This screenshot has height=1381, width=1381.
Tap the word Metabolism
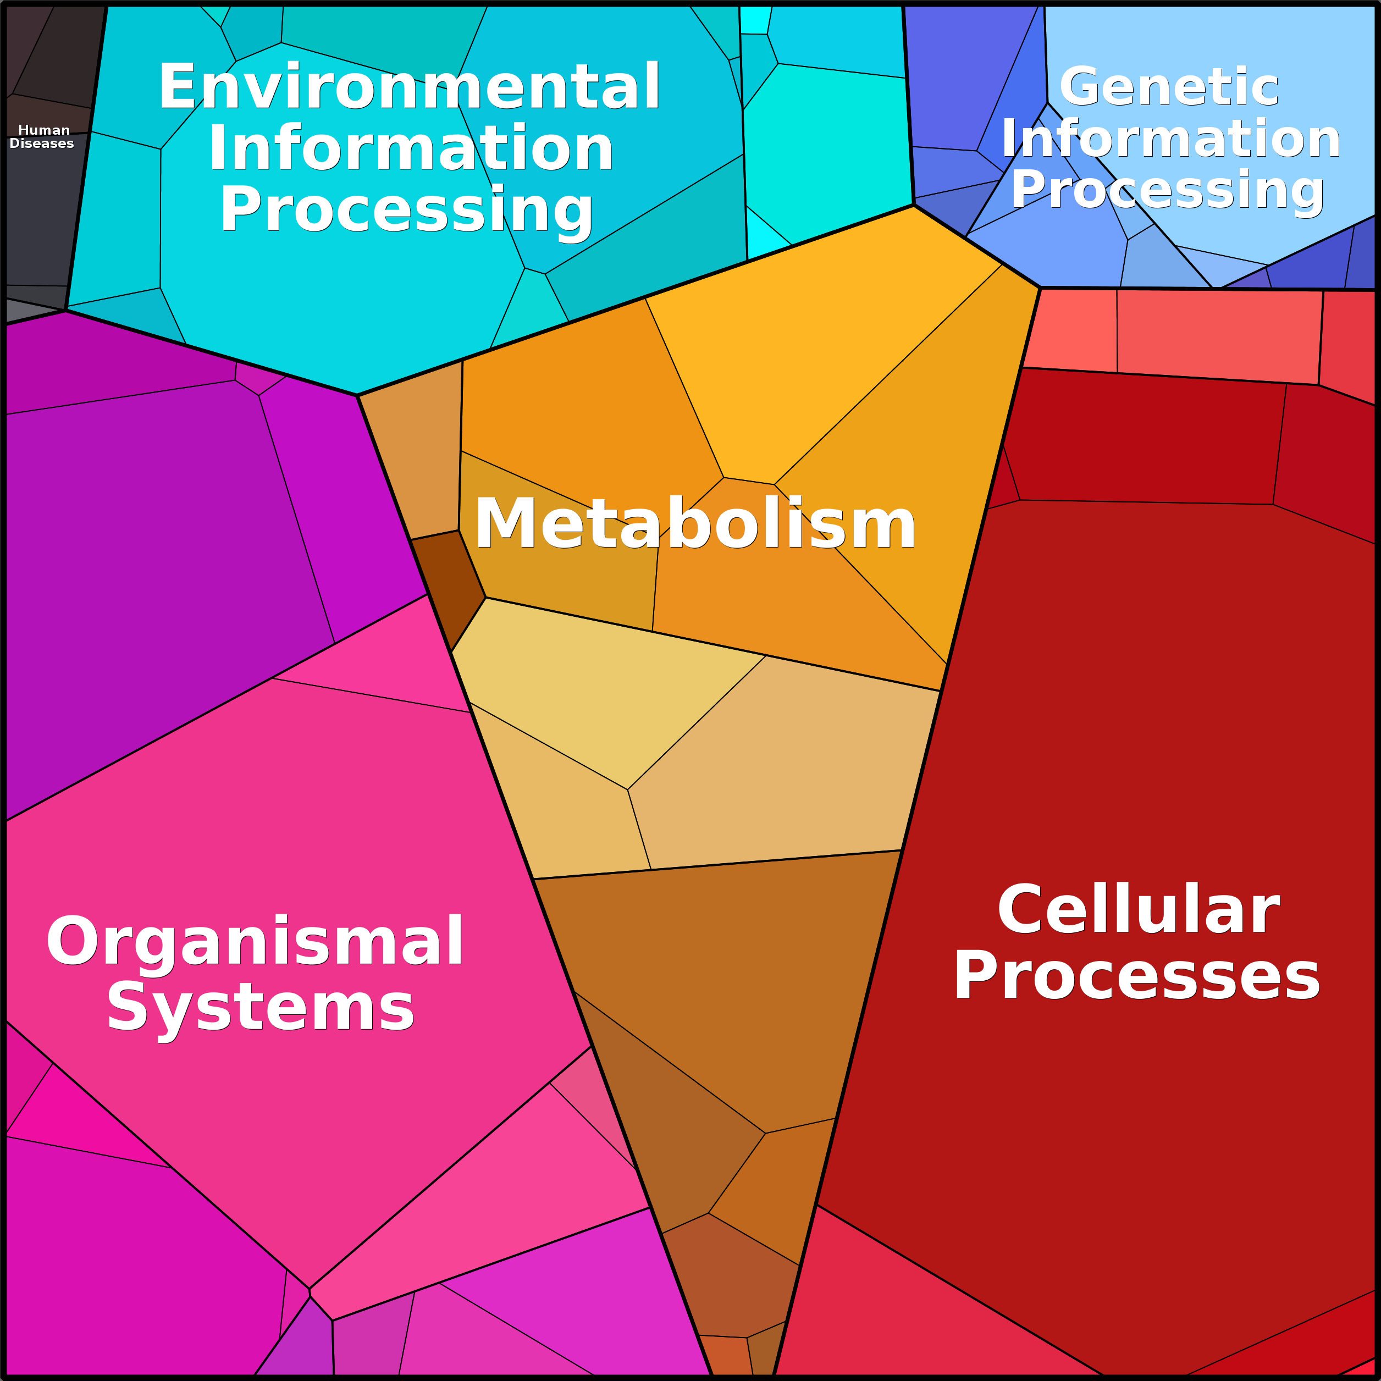(x=695, y=524)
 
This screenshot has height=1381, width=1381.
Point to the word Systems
(x=260, y=1007)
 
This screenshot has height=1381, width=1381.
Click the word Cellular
(x=1138, y=909)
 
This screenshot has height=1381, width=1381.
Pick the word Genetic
(x=1169, y=86)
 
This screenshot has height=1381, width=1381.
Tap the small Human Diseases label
(x=42, y=136)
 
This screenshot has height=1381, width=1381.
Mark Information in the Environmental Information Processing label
(x=410, y=148)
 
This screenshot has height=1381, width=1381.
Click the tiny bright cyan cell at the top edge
(x=754, y=20)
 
